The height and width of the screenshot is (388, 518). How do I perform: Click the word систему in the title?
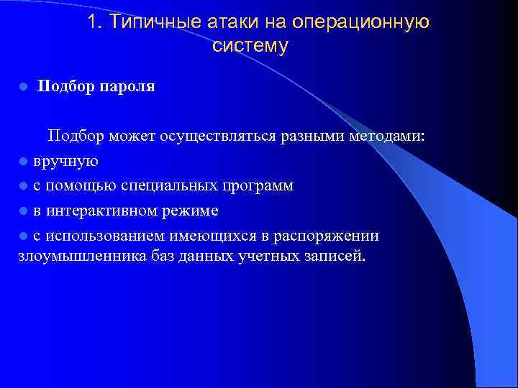[x=250, y=47]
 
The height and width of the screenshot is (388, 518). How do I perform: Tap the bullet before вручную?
[x=23, y=162]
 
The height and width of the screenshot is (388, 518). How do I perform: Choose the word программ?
[x=258, y=186]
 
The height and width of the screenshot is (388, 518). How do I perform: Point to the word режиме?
[x=190, y=211]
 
